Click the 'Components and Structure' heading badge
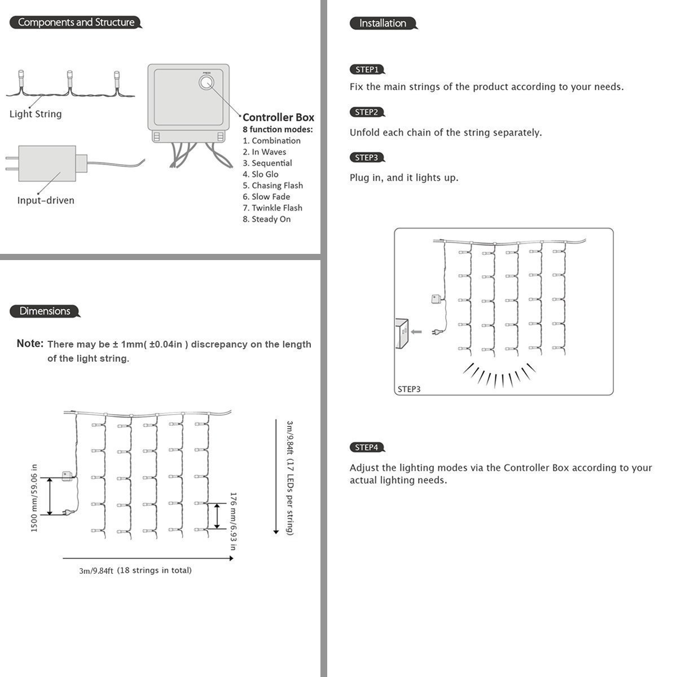pos(76,23)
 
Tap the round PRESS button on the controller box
pos(206,83)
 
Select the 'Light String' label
pos(36,114)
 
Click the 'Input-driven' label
pos(46,200)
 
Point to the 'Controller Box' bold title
pos(278,117)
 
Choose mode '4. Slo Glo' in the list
pos(261,174)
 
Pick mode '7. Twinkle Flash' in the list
pos(272,208)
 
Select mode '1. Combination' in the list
pos(271,140)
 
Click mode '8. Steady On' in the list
pos(267,219)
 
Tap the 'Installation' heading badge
pos(383,23)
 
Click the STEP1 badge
pos(367,70)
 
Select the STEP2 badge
pos(367,112)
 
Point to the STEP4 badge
pos(367,447)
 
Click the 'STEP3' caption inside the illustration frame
pos(409,389)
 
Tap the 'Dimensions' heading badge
pos(45,311)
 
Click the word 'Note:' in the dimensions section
pos(30,344)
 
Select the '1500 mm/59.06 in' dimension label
pos(34,498)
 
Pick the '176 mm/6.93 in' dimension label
pos(232,520)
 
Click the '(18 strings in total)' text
pos(154,570)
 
